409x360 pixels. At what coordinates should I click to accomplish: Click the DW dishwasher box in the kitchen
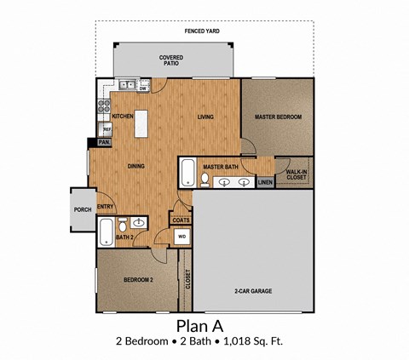(x=144, y=88)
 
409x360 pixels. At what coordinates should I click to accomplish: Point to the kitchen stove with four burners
(x=105, y=107)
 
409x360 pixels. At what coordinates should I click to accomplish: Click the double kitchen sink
(x=126, y=84)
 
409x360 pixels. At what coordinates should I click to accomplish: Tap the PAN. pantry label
(x=103, y=142)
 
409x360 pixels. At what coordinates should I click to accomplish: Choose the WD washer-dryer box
(x=182, y=237)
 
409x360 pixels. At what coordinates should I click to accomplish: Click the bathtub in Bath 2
(x=106, y=230)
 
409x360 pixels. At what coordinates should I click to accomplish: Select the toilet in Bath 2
(x=123, y=225)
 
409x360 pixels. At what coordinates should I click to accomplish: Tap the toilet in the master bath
(x=205, y=179)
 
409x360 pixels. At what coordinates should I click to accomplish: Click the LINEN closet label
(x=265, y=181)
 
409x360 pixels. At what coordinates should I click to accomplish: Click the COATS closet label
(x=181, y=220)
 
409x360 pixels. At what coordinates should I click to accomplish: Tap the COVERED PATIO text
(x=171, y=60)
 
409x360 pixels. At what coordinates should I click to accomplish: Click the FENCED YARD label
(x=202, y=31)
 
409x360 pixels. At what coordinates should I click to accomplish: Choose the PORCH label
(x=83, y=209)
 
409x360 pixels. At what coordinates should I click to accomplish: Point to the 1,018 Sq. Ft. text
(x=255, y=342)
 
